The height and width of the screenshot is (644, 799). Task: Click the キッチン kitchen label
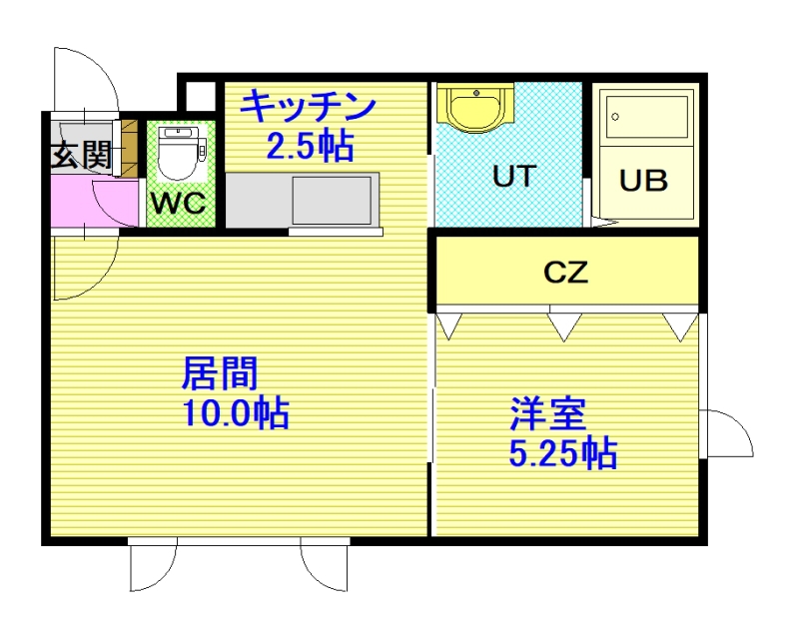(308, 107)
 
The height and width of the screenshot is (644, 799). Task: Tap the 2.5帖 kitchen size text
(310, 146)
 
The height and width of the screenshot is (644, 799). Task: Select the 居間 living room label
(220, 373)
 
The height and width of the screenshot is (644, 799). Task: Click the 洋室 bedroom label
(548, 413)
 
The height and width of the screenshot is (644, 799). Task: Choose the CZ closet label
(565, 272)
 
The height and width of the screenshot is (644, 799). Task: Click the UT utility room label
(514, 176)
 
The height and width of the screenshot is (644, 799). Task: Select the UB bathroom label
(643, 180)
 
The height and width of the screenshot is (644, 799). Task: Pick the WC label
(179, 204)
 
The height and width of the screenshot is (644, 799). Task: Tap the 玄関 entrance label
(82, 155)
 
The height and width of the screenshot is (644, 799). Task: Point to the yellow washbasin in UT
(476, 108)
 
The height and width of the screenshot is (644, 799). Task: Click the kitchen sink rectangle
(332, 200)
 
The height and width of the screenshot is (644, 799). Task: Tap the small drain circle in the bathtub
(615, 117)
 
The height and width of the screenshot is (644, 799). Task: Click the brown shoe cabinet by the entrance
(130, 148)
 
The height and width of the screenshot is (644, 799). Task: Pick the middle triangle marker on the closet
(564, 327)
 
